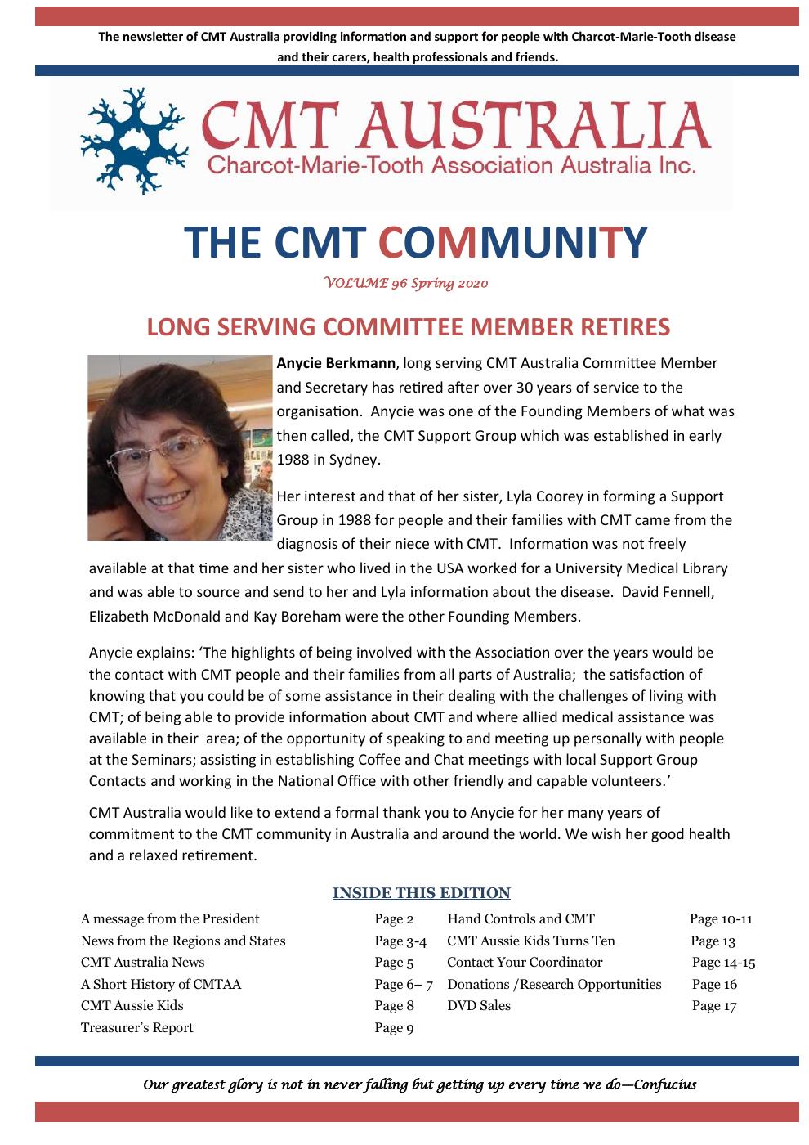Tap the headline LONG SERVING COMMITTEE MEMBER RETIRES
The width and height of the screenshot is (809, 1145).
click(x=408, y=326)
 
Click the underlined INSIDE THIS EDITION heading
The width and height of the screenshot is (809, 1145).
click(x=421, y=893)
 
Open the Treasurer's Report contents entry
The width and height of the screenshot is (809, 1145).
click(x=137, y=1027)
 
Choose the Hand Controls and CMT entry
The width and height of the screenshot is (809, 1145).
click(x=521, y=918)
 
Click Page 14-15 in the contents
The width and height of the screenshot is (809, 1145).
click(x=723, y=963)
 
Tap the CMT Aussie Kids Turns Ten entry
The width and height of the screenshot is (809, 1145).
click(x=531, y=941)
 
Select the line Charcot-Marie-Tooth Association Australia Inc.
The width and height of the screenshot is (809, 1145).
click(x=452, y=167)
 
